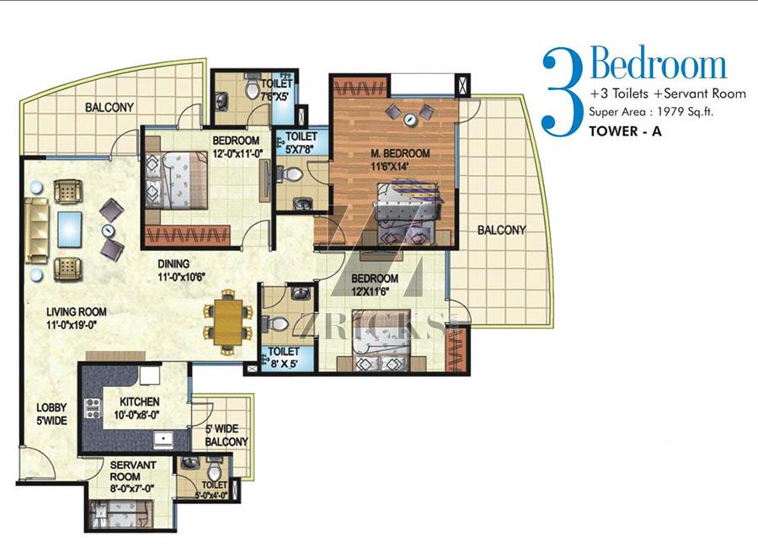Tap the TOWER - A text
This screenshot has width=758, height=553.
point(625,130)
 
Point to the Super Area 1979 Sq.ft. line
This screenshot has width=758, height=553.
point(651,112)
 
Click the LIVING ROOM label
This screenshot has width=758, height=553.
point(77,312)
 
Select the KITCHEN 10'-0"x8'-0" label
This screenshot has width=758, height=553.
point(137,408)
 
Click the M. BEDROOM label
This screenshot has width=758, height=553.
point(400,153)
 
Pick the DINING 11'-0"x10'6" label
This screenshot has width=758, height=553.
point(182,270)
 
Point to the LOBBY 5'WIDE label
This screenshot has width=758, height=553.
point(51,414)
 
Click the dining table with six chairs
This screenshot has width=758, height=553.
point(228,322)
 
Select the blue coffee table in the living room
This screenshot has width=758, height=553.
point(69,230)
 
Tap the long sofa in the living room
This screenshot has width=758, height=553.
point(37,230)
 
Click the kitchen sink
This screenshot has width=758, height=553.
point(163,439)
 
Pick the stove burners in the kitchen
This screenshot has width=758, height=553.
point(93,408)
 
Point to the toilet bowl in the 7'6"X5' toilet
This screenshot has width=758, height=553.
point(253,87)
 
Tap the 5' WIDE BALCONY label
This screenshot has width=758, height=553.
point(227,435)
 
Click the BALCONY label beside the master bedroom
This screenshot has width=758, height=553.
point(501,230)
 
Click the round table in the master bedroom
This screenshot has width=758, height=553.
point(411,119)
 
